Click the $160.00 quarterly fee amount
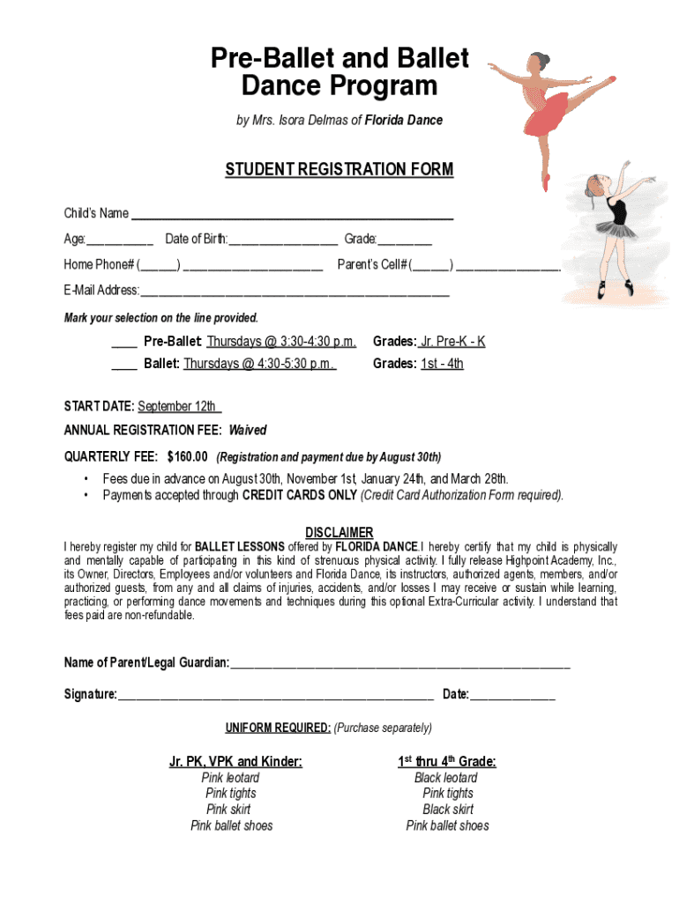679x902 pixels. click(x=187, y=456)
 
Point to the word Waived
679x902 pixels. click(x=248, y=431)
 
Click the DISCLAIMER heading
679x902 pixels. click(x=339, y=533)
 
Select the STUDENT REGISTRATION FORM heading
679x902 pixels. click(x=339, y=169)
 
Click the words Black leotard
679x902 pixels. click(x=446, y=778)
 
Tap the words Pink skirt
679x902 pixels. click(x=228, y=810)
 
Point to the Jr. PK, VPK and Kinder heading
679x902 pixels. click(x=235, y=761)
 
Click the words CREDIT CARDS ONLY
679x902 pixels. click(x=300, y=495)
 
